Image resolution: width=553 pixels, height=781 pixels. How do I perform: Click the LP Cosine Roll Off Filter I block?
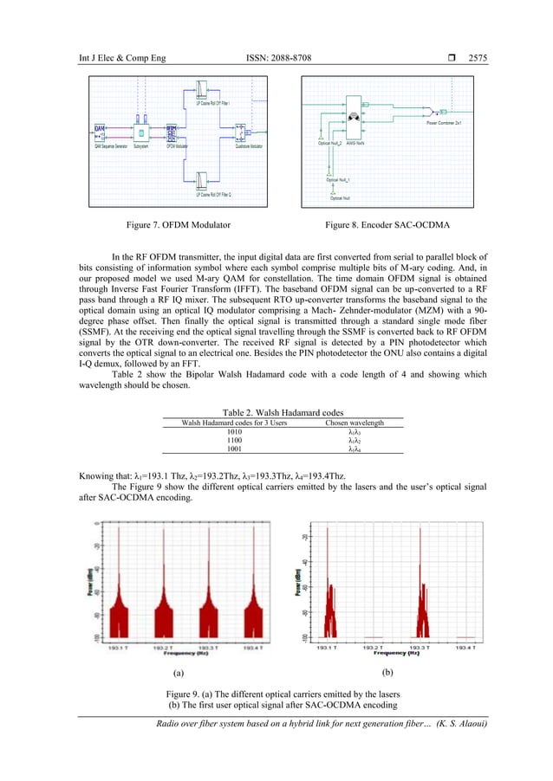click(200, 92)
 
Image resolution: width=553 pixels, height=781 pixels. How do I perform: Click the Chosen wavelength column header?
click(354, 423)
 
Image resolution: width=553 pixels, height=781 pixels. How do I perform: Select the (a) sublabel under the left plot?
click(178, 672)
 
